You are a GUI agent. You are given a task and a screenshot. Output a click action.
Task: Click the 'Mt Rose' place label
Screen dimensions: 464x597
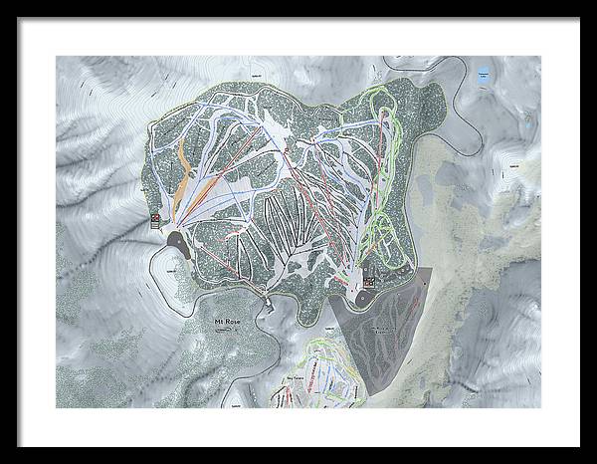pos(228,323)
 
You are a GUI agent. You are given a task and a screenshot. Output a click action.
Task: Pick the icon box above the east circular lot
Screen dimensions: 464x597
pos(369,282)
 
